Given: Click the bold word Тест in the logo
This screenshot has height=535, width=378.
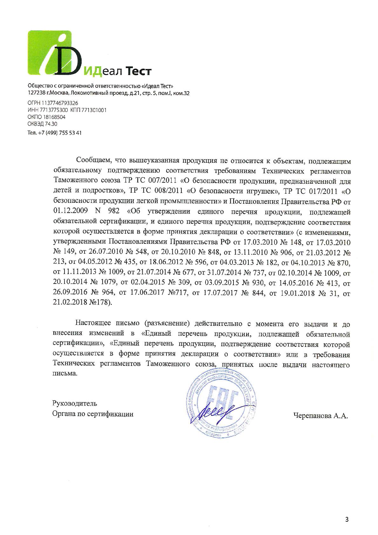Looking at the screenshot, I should [x=138, y=71].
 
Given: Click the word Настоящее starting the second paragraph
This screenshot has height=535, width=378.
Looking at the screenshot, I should [x=93, y=324].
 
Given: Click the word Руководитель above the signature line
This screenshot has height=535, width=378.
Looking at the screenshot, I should [x=75, y=404].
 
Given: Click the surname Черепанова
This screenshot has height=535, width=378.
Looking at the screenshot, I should [x=312, y=415].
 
